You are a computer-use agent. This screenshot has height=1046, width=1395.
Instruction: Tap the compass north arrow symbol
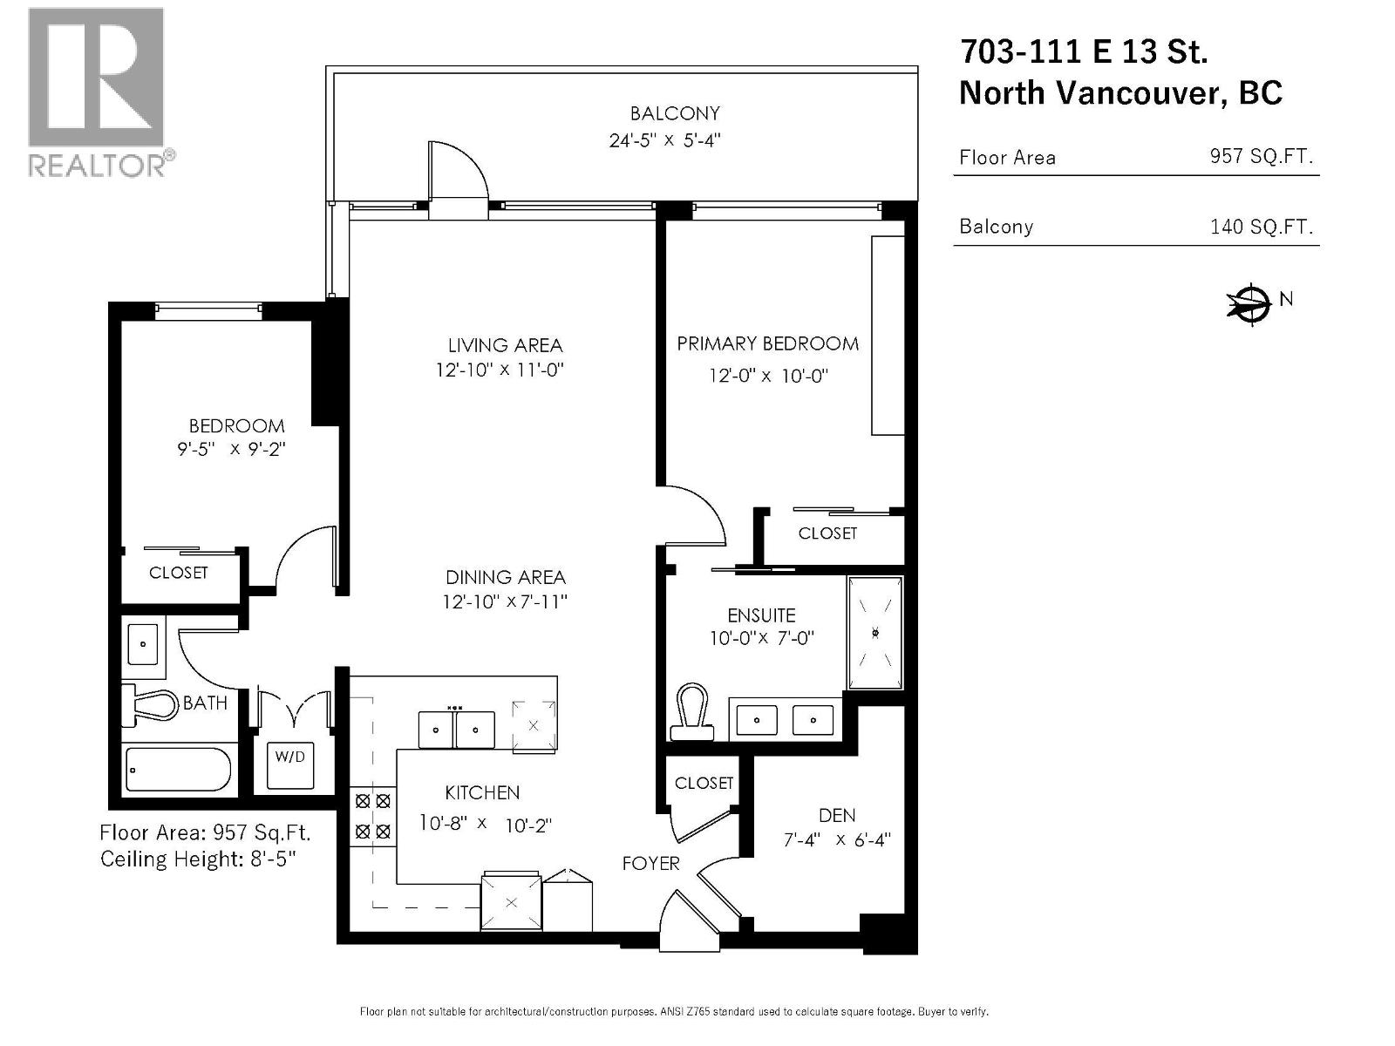coord(1250,303)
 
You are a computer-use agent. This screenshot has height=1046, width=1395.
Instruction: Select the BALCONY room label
coord(675,113)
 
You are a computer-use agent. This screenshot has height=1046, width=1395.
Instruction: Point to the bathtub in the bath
coord(178,769)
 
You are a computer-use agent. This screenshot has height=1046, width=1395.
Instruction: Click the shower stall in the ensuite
coord(874,632)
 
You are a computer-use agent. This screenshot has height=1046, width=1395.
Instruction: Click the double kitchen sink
coord(456,729)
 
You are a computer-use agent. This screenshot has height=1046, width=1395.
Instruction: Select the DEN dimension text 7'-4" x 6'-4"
coord(837,840)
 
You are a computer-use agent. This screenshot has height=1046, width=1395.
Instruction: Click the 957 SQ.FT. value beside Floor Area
coord(1261,157)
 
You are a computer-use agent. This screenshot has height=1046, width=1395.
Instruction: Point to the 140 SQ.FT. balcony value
coord(1261,228)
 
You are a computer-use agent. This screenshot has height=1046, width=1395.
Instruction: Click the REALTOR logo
coord(97,92)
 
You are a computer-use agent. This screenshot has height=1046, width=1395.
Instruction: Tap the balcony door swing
coord(457,174)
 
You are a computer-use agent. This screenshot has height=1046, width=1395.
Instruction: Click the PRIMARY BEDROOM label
coord(767,344)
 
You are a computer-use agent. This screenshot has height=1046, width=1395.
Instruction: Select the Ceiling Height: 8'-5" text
coord(199,859)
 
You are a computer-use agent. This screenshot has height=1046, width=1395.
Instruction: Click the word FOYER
coord(650,863)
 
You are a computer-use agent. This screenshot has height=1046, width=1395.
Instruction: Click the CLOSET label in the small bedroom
coord(179,573)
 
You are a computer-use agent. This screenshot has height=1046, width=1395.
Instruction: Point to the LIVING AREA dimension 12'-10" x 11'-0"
coord(500,370)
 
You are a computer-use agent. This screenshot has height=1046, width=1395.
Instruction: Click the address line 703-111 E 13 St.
coord(1084,52)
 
